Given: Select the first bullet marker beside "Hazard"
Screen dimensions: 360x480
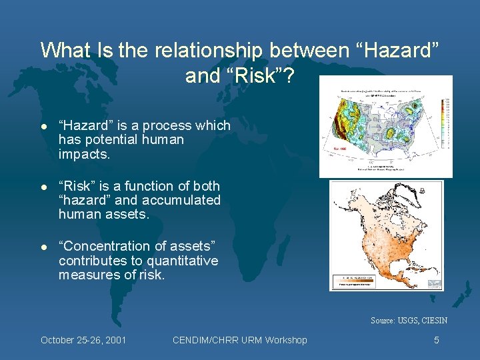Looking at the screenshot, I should point(43,126).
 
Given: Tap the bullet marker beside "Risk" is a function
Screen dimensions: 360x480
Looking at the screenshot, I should point(43,187).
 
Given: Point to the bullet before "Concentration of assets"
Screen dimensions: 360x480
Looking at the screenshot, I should point(43,247).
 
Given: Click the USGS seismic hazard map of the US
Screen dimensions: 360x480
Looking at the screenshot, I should point(380,127).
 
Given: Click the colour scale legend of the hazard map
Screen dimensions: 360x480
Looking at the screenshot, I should point(445,127).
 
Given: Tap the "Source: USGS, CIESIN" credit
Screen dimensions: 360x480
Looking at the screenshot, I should point(409,321).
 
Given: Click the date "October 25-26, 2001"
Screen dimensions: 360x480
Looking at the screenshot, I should point(83,340).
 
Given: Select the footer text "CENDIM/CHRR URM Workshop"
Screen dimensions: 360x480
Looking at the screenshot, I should point(240,340).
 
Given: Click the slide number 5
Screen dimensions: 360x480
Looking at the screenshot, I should point(436,340).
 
